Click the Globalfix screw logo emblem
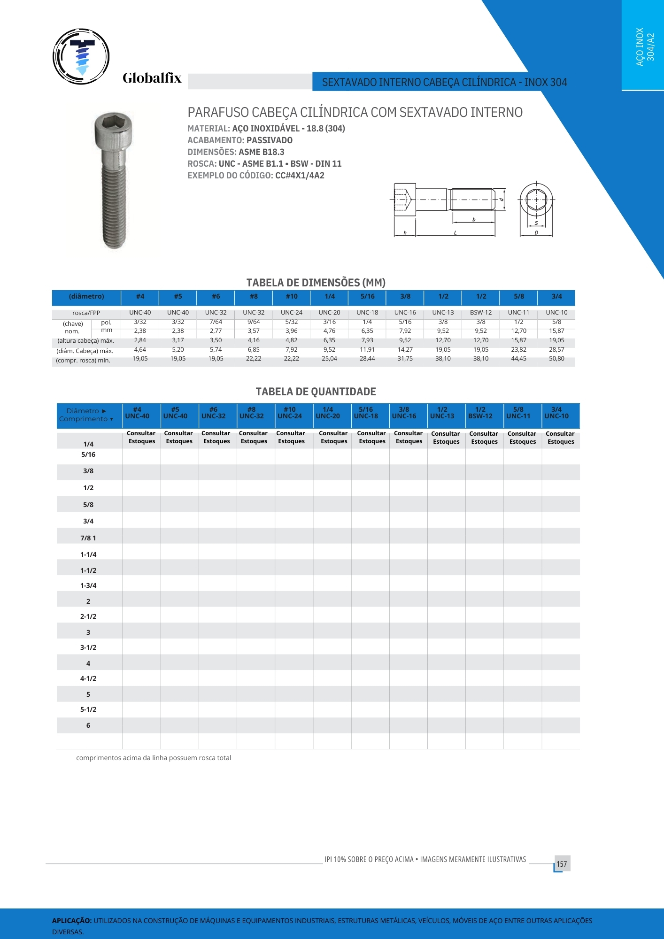pyautogui.click(x=81, y=56)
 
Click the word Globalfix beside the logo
pyautogui.click(x=152, y=78)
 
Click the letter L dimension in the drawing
pyautogui.click(x=455, y=233)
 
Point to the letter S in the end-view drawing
pyautogui.click(x=536, y=223)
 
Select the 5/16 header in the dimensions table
pyautogui.click(x=368, y=296)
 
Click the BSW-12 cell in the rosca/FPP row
pyautogui.click(x=481, y=313)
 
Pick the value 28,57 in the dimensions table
pyautogui.click(x=556, y=350)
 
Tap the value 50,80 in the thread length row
pyautogui.click(x=556, y=359)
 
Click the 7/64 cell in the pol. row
pyautogui.click(x=216, y=322)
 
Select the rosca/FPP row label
pyautogui.click(x=86, y=313)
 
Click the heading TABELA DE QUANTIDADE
pyautogui.click(x=316, y=392)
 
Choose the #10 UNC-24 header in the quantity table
pyautogui.click(x=290, y=413)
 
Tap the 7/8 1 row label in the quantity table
pyautogui.click(x=88, y=538)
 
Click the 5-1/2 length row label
pyautogui.click(x=88, y=709)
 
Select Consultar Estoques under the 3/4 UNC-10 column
pyautogui.click(x=561, y=438)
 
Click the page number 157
pyautogui.click(x=562, y=864)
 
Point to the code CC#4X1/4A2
pyautogui.click(x=300, y=176)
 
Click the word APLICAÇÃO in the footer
pyautogui.click(x=72, y=921)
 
